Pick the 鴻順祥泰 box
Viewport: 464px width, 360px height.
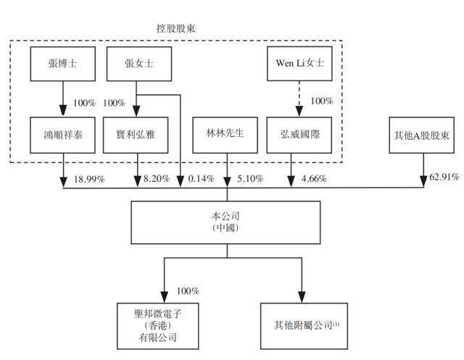pyautogui.click(x=62, y=135)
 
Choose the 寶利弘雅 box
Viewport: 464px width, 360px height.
pyautogui.click(x=138, y=135)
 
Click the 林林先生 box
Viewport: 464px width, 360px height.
pyautogui.click(x=227, y=135)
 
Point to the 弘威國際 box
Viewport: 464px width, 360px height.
pyautogui.click(x=297, y=135)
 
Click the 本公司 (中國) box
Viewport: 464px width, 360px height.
pyautogui.click(x=227, y=222)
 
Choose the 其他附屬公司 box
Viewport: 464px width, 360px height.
pyautogui.click(x=297, y=323)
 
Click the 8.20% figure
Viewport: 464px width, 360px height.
pyautogui.click(x=157, y=178)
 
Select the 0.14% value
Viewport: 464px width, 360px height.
pyautogui.click(x=198, y=178)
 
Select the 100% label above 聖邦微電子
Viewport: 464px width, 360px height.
pyautogui.click(x=188, y=291)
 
